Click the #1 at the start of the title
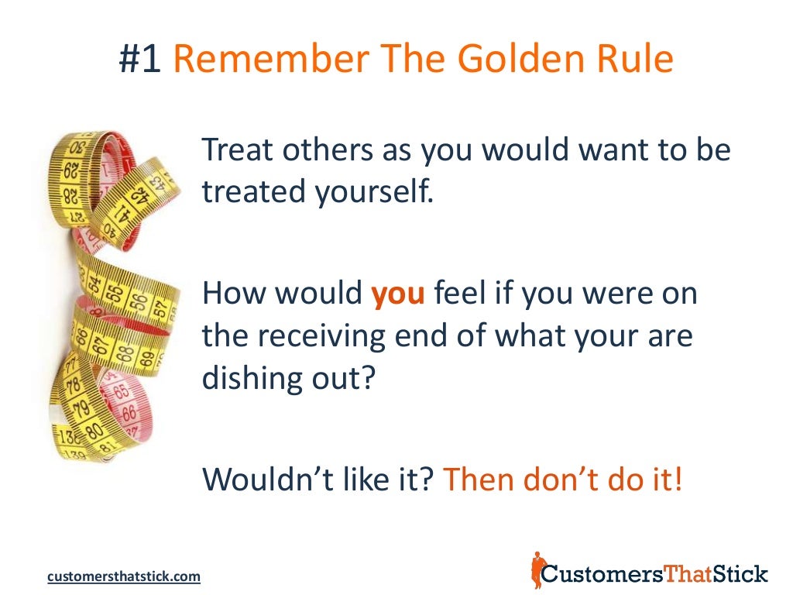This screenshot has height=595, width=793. click(x=139, y=60)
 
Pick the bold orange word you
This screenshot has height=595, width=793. click(x=399, y=296)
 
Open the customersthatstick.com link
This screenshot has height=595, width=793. click(x=124, y=576)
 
